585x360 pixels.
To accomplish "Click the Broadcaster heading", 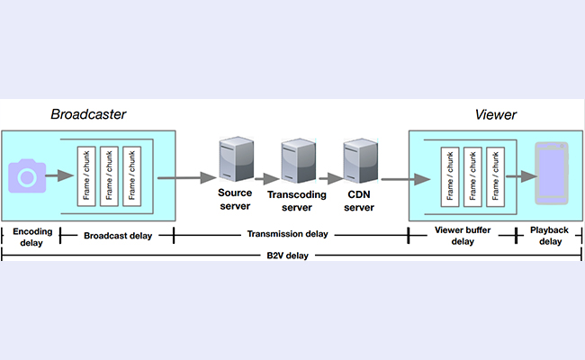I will coord(88,115).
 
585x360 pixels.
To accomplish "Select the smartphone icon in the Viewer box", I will coord(551,174).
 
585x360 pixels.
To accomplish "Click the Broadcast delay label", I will coord(117,235).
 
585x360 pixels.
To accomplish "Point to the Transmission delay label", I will coord(290,235).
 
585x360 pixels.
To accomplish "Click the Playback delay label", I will coord(548,236).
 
